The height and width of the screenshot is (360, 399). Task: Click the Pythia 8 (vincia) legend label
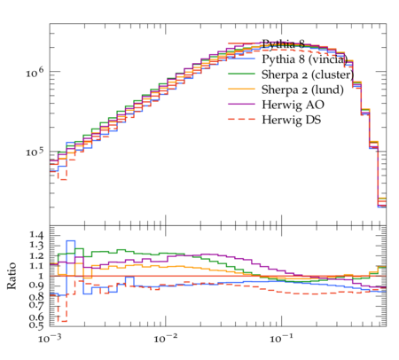click(x=305, y=59)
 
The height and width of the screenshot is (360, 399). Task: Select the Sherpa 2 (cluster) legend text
click(x=308, y=74)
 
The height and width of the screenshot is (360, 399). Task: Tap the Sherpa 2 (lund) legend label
click(x=302, y=90)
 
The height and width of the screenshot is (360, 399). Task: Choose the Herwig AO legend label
click(x=293, y=105)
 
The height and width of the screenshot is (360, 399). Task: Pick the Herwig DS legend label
click(x=292, y=120)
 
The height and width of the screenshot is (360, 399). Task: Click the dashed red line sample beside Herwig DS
click(x=241, y=119)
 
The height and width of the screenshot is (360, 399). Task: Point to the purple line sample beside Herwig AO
click(x=241, y=104)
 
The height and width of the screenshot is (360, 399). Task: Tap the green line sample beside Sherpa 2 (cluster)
click(x=241, y=74)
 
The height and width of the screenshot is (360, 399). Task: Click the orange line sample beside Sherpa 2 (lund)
click(x=241, y=89)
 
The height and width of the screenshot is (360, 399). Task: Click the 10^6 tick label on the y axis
click(x=35, y=73)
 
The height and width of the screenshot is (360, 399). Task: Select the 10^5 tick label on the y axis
click(x=35, y=152)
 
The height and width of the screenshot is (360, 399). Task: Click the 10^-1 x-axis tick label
click(x=280, y=338)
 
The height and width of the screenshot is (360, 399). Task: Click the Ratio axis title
click(x=12, y=276)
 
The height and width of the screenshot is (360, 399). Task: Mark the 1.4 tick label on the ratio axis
click(x=36, y=235)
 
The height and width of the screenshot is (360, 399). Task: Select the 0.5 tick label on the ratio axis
click(x=36, y=325)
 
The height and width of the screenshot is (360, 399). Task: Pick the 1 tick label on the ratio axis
click(x=41, y=276)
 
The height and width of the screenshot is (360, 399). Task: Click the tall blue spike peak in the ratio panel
click(x=71, y=240)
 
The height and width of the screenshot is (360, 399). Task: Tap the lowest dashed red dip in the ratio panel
click(x=62, y=321)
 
